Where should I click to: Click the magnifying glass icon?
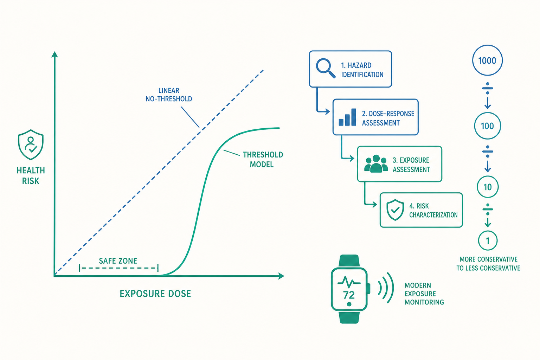pyautogui.click(x=326, y=68)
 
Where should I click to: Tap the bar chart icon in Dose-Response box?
pyautogui.click(x=347, y=117)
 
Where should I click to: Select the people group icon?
pyautogui.click(x=376, y=164)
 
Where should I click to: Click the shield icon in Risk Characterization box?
pyautogui.click(x=395, y=210)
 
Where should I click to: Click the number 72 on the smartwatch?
pyautogui.click(x=349, y=295)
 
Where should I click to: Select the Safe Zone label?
pyautogui.click(x=118, y=261)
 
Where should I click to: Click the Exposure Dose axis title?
pyautogui.click(x=155, y=294)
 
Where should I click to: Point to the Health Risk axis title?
pyautogui.click(x=31, y=175)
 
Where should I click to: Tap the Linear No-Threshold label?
pyautogui.click(x=169, y=95)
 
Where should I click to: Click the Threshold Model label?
pyautogui.click(x=263, y=159)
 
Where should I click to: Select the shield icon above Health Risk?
pyautogui.click(x=31, y=145)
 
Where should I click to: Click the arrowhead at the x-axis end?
pyautogui.click(x=281, y=276)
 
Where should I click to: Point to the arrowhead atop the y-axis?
pyautogui.click(x=55, y=54)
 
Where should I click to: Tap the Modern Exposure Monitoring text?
pyautogui.click(x=424, y=294)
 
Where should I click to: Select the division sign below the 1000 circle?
pyautogui.click(x=488, y=88)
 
